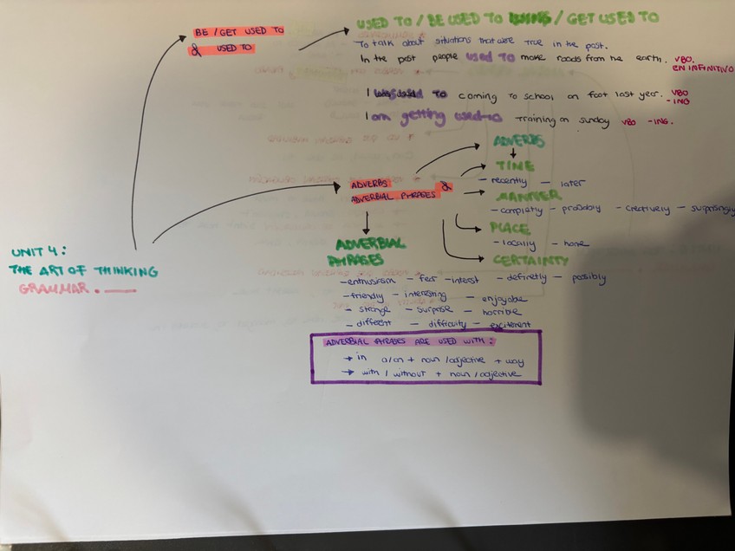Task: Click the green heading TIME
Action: pyautogui.click(x=515, y=165)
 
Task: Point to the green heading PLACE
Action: pyautogui.click(x=510, y=228)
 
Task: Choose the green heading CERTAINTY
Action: pyautogui.click(x=530, y=259)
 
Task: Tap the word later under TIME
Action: pyautogui.click(x=573, y=183)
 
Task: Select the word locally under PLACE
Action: pyautogui.click(x=518, y=243)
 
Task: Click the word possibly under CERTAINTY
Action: pyautogui.click(x=589, y=278)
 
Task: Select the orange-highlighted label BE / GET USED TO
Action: pyautogui.click(x=239, y=30)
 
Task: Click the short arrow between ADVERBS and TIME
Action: pyautogui.click(x=513, y=152)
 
